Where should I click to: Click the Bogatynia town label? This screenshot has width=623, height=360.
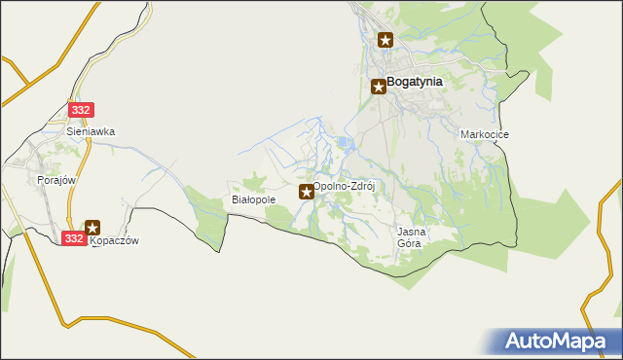click(x=416, y=83)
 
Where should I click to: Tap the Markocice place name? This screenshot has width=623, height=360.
click(x=485, y=134)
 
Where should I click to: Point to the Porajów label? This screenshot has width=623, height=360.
click(x=55, y=180)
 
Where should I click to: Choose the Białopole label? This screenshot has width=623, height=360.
click(x=254, y=199)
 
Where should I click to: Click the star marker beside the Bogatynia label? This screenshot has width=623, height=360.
click(x=379, y=87)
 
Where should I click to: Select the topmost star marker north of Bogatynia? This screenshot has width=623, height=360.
click(x=385, y=40)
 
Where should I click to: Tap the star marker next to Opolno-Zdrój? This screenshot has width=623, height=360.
click(x=307, y=192)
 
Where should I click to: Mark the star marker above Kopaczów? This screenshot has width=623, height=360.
click(x=92, y=228)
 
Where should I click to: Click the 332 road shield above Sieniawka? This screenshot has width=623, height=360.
click(x=81, y=111)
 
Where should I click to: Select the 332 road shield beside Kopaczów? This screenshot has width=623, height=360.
click(x=73, y=237)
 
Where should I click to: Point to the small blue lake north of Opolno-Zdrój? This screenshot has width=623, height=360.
click(x=344, y=146)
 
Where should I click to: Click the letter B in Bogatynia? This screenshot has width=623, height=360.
click(x=391, y=83)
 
